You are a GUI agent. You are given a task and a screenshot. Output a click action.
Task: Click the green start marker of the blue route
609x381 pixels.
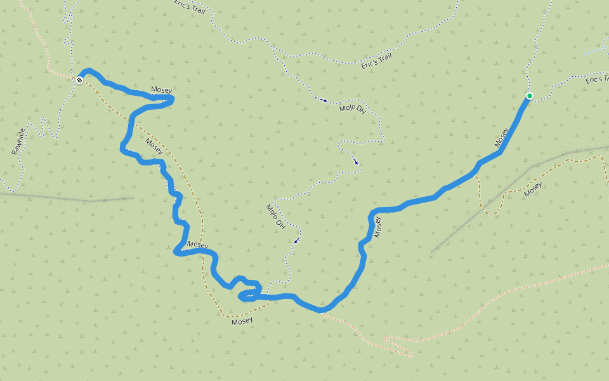click(529, 96)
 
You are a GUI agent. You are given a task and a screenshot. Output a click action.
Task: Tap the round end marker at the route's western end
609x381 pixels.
click(79, 80)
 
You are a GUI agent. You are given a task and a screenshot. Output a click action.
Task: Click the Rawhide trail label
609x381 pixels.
click(18, 142)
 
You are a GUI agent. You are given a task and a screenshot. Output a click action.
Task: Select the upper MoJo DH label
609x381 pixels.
click(353, 108)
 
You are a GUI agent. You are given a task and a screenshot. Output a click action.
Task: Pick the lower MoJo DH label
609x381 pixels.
click(275, 217)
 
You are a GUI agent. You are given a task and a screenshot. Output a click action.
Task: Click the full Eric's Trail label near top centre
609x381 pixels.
click(377, 61)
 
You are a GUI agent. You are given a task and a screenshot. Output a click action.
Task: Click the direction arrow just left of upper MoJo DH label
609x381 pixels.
click(324, 100)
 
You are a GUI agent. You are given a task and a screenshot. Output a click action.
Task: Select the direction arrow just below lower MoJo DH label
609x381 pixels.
click(296, 241)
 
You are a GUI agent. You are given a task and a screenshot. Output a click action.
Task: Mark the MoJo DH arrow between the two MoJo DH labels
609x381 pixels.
click(356, 163)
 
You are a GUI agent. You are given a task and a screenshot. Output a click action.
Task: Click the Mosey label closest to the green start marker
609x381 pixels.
click(502, 138)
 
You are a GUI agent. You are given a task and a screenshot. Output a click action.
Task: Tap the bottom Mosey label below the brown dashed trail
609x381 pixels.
click(242, 321)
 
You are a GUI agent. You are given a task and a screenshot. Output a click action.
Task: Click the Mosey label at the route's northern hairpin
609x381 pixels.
click(161, 90)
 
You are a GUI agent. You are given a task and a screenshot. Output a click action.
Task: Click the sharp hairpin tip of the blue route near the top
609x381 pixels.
click(172, 98)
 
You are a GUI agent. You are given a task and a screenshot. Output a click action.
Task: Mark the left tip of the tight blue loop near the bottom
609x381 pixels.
click(239, 296)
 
